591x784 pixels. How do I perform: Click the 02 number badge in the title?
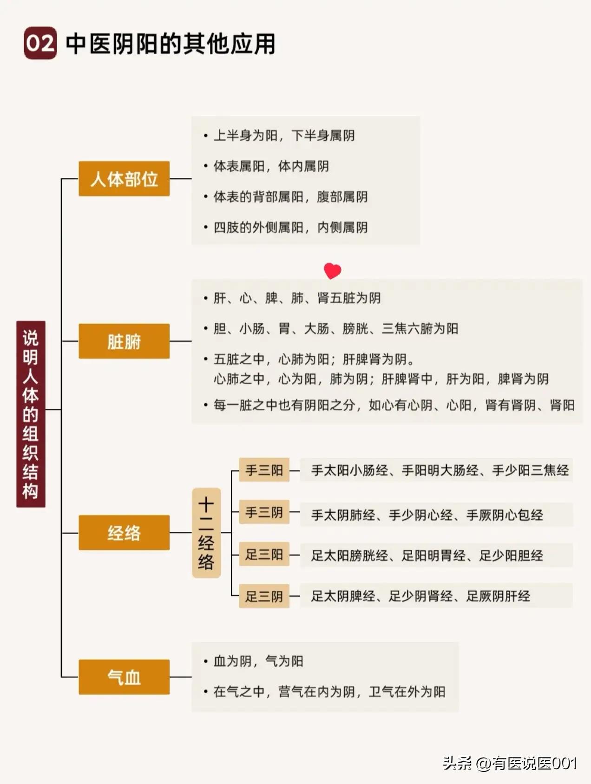(40, 43)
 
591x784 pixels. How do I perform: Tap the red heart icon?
(332, 271)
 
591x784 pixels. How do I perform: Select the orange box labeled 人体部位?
(124, 179)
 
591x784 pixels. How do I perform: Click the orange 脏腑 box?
(124, 341)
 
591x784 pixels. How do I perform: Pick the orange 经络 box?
(124, 533)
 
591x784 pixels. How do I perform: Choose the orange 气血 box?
(124, 677)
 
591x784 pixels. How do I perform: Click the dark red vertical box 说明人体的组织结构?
(31, 414)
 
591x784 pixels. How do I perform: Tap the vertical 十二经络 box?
(206, 533)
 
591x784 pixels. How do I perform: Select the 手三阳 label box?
(264, 470)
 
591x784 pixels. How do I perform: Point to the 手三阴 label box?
(264, 512)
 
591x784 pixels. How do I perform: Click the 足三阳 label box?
(264, 554)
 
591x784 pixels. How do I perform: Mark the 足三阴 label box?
(264, 596)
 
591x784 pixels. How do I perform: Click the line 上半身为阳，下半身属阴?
(284, 136)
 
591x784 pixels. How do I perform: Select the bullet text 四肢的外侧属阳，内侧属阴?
(290, 228)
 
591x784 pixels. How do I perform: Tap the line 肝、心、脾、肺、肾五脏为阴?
(297, 298)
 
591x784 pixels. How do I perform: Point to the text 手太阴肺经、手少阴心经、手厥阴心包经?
(427, 515)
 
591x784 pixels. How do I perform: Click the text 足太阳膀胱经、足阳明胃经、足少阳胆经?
(427, 555)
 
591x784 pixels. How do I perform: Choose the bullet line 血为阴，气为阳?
(258, 661)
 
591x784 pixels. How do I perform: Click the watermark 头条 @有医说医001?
(510, 763)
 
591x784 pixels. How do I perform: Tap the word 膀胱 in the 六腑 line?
(355, 329)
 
